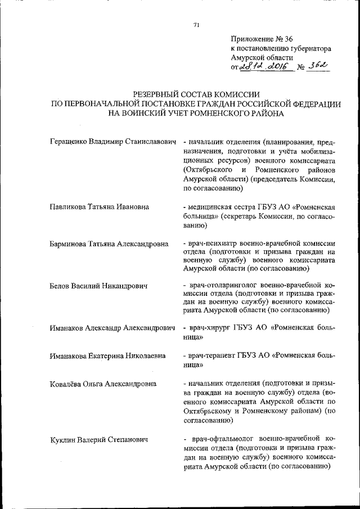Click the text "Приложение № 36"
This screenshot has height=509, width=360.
pos(262,39)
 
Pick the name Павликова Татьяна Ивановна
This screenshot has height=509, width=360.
pos(99,206)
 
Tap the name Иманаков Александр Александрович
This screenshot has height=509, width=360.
pos(113,328)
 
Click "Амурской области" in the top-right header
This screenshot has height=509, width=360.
pos(262,58)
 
